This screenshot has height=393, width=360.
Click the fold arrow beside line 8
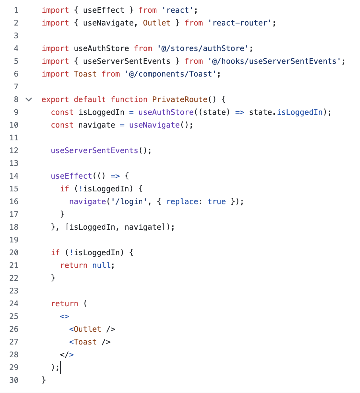pos(29,100)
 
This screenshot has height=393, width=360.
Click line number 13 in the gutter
pos(14,163)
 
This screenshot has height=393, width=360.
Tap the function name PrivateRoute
pos(180,100)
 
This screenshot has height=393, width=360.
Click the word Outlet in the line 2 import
pos(156,23)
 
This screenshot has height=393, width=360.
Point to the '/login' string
pos(127,202)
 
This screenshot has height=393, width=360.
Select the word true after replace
pos(217,202)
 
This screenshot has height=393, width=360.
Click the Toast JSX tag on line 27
pos(90,342)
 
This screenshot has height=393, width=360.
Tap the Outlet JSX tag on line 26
pos(92,329)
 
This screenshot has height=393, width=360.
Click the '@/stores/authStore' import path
pos(203,48)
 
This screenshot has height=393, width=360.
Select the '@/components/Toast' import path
pos(171,74)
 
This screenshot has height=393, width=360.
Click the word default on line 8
pos(90,100)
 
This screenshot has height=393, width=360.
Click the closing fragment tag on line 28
pos(67,355)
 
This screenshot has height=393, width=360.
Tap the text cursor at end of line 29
pos(61,367)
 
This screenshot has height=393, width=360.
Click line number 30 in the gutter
pos(14,380)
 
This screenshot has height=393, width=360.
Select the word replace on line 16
pos(182,202)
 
